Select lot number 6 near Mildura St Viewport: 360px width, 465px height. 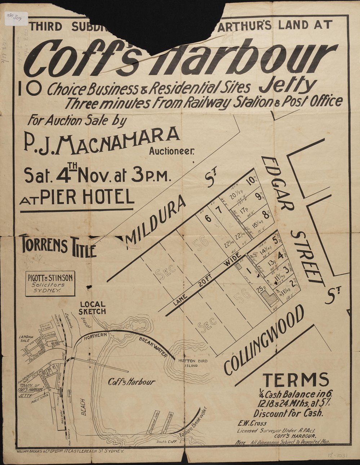coord(208,218)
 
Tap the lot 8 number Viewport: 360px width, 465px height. coord(266,216)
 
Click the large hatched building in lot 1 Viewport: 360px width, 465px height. coord(270,298)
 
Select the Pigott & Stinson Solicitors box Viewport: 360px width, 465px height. coord(50,283)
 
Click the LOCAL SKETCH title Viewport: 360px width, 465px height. coord(93,308)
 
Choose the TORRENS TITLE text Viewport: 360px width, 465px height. coord(58,246)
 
